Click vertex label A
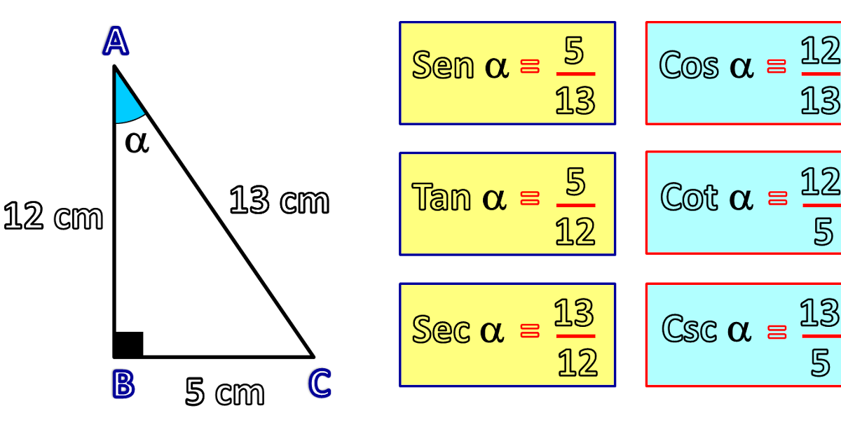[116, 42]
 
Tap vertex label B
[123, 384]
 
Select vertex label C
[320, 384]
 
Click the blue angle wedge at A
[126, 104]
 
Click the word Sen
[443, 66]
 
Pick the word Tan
[442, 197]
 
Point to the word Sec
[441, 329]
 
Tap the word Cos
[689, 66]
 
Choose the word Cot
[690, 197]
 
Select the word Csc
[690, 329]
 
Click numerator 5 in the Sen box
[574, 51]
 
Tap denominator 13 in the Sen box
[575, 102]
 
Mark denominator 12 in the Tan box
[575, 232]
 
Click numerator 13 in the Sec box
[574, 313]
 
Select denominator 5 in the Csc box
[821, 363]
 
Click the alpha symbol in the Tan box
[494, 199]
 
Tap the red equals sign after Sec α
[531, 330]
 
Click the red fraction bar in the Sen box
[575, 73]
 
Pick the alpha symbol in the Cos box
[741, 67]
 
